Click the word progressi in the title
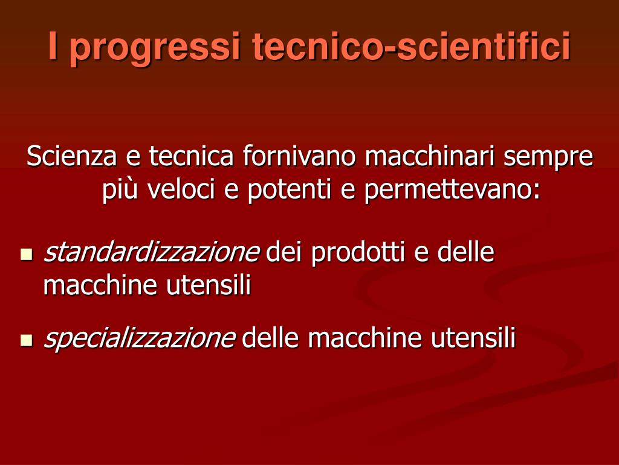[x=155, y=47]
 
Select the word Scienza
[x=71, y=156]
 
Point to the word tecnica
[x=192, y=156]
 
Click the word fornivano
[x=300, y=156]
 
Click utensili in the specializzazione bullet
[x=473, y=337]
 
